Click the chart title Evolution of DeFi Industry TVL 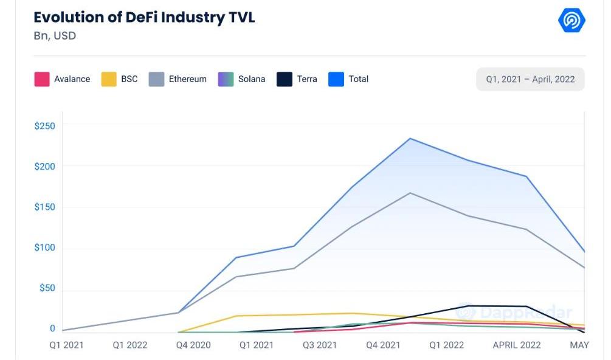pos(144,17)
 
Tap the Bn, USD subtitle pos(55,36)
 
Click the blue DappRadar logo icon pos(571,21)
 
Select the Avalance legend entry pos(62,79)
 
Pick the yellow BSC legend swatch pos(109,79)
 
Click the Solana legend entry pos(241,79)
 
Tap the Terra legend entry pos(297,79)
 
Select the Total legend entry pos(348,79)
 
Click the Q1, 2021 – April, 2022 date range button pos(530,79)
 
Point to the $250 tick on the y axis pos(44,126)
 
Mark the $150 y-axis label pos(44,207)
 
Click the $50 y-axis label pos(47,288)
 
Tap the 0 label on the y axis pos(52,328)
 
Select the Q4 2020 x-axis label pos(193,345)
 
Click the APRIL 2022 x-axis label pos(516,345)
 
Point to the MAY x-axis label pos(579,345)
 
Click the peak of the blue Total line pos(410,139)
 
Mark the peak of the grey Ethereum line pos(410,193)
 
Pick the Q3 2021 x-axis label pos(319,345)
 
